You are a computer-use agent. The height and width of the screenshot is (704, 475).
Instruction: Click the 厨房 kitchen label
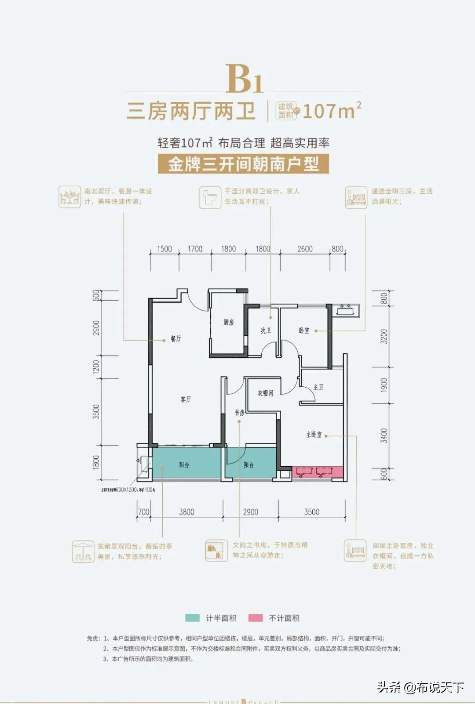point(228,323)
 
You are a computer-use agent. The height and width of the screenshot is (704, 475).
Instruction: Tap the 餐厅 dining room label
point(176,339)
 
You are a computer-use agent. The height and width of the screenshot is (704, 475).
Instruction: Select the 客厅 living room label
point(186,399)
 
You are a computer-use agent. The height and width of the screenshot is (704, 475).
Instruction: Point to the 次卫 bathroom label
point(266,330)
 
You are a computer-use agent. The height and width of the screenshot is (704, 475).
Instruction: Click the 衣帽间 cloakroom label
point(265,393)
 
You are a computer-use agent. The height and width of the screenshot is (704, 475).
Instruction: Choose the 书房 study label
point(239,413)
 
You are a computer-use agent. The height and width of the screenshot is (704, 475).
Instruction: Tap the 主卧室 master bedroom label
point(314,435)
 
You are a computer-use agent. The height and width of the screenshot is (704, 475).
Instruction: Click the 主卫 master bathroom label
point(318,387)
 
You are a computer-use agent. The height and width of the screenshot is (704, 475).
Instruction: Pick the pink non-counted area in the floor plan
point(317,472)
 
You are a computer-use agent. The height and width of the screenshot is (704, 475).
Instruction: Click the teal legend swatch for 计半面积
point(192,618)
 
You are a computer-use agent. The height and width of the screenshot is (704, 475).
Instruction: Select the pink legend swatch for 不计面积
point(256,618)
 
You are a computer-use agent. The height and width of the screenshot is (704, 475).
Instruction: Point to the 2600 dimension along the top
point(305,249)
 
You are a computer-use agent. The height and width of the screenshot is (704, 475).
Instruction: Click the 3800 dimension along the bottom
point(186,512)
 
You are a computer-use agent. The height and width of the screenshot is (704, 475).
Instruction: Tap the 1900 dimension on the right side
point(384,385)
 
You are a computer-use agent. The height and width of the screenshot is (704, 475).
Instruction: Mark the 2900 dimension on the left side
point(96,328)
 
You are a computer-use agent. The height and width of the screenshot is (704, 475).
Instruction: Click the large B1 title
point(245,79)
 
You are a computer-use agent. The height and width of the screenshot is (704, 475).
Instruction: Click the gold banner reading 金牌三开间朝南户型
point(243,164)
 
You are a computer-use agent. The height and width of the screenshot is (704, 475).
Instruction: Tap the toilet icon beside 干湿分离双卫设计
point(209,196)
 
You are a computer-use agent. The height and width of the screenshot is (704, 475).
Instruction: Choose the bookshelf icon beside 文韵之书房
point(216,550)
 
